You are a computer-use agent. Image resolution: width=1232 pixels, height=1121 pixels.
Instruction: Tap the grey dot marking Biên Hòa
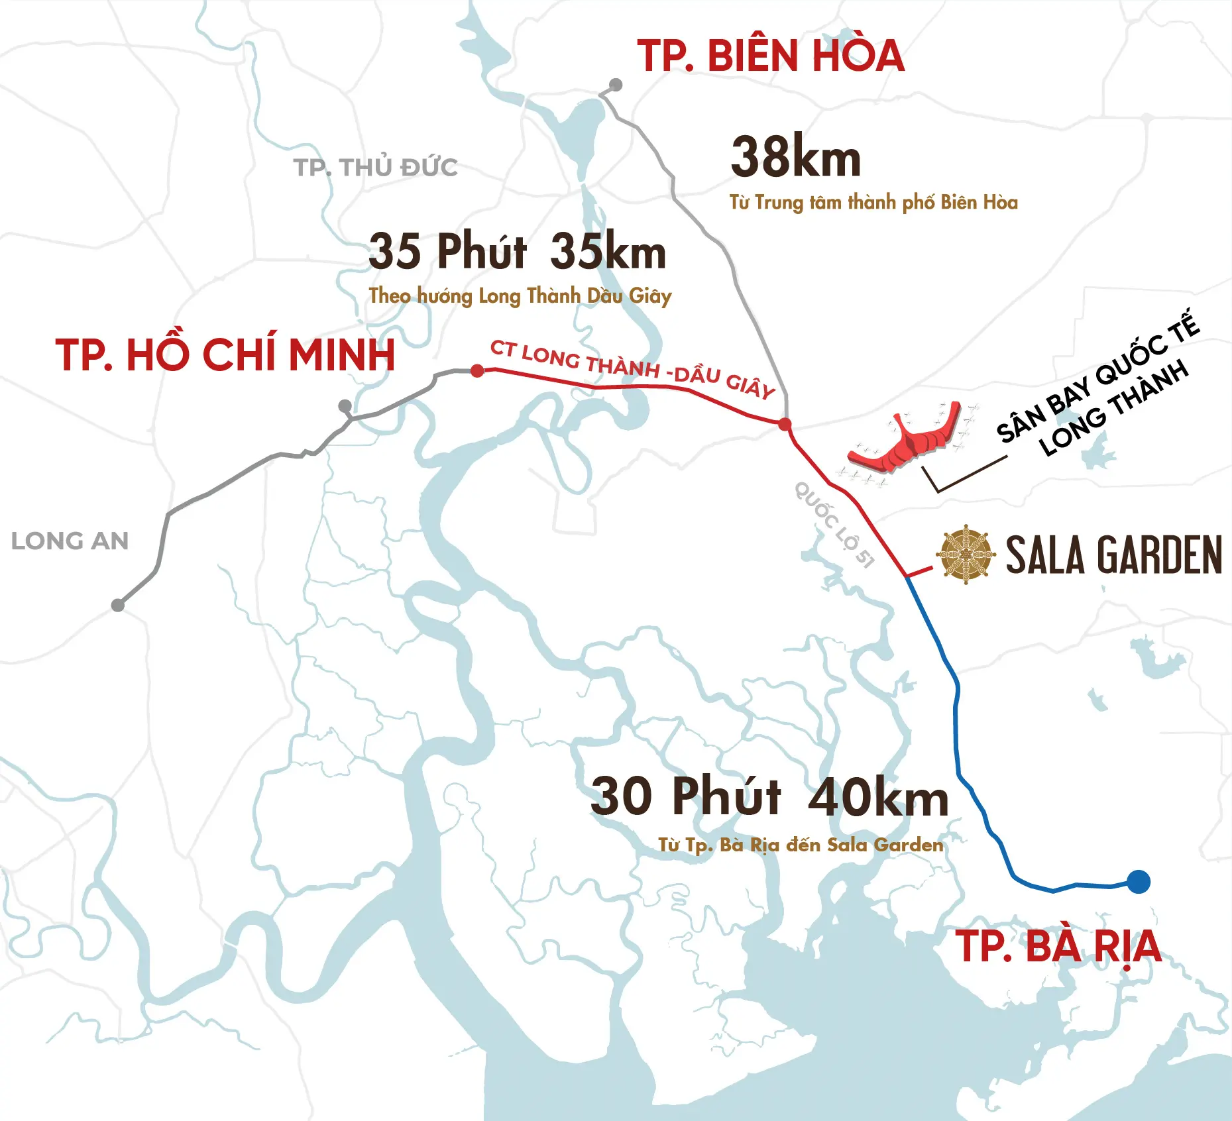pos(616,85)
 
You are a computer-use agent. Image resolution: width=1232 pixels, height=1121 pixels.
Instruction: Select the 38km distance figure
pos(795,158)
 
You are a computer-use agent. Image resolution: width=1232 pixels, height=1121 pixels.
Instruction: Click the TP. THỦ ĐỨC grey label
pos(375,168)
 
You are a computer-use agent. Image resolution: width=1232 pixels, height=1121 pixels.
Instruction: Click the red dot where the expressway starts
pos(477,370)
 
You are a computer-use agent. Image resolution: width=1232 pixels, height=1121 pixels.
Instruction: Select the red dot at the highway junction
pos(785,424)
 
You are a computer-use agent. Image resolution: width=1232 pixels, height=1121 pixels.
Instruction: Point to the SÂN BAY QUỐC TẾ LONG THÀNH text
pos(1097,388)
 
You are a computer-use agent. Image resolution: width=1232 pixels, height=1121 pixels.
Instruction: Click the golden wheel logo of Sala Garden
pos(966,555)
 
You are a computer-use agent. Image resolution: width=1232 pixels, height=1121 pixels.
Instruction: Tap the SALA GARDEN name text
pos(1113,555)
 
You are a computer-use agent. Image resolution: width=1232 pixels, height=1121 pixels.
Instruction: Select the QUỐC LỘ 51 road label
pos(834,525)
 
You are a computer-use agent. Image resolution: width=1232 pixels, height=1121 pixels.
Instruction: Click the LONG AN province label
pos(70,541)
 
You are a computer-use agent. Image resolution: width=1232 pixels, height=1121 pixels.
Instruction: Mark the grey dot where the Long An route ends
pos(118,605)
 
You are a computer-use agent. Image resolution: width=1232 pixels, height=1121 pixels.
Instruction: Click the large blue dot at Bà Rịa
pos(1138,882)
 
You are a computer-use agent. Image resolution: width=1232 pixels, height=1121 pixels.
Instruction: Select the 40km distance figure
pos(878,797)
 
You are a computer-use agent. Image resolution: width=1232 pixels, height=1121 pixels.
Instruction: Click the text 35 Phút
pos(447,252)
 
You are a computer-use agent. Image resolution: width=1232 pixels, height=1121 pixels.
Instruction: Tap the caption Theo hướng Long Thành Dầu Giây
pos(520,295)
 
